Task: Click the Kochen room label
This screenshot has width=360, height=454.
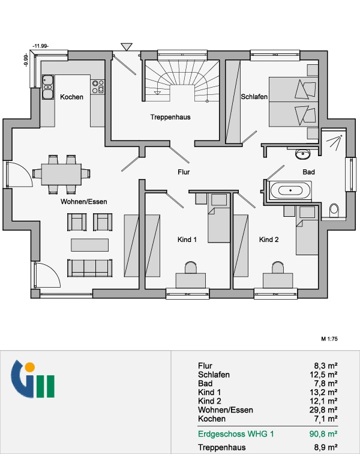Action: click(71, 97)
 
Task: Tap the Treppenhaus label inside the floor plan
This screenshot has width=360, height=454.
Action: click(170, 117)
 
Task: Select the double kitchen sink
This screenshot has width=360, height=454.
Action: click(48, 87)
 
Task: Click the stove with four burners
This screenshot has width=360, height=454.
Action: click(98, 87)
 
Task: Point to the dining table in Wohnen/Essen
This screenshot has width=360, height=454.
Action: click(61, 174)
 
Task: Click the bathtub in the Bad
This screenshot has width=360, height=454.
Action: click(290, 190)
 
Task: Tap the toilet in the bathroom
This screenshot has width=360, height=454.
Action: click(334, 211)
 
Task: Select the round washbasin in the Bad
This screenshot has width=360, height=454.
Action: click(303, 154)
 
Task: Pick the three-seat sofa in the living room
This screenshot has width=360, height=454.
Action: click(90, 268)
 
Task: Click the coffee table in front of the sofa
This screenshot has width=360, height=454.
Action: click(90, 245)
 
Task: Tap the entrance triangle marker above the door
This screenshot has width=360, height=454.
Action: click(127, 47)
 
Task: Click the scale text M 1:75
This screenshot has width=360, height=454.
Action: click(329, 339)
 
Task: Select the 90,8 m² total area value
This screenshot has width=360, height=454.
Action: click(323, 434)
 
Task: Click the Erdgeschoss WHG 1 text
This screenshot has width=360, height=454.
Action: click(236, 434)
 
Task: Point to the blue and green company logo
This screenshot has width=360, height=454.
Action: click(33, 379)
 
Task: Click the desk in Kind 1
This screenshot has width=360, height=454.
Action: click(191, 280)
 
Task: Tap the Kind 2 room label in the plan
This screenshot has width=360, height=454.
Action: click(269, 240)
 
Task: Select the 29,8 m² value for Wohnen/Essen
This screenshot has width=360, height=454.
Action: click(323, 410)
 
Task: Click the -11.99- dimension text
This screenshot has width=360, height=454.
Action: click(41, 46)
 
